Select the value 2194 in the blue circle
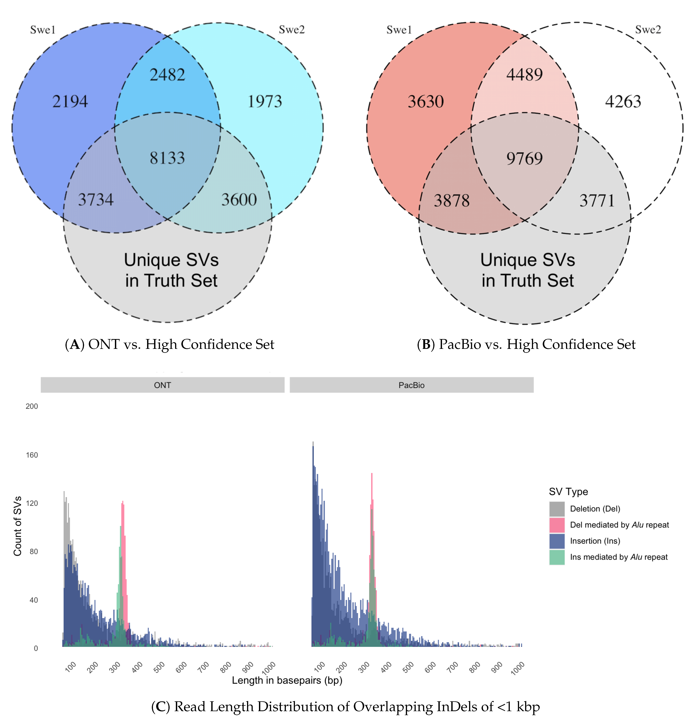point(70,102)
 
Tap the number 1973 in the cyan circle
point(264,102)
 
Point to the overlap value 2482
point(167,75)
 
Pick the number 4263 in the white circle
point(623,102)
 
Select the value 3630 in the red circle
point(426,102)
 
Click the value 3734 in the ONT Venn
point(96,200)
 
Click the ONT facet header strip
point(162,385)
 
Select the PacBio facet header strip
point(411,385)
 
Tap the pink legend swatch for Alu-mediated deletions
point(556,525)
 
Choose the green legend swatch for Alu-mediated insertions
point(556,557)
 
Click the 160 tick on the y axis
point(32,455)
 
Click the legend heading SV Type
point(568,492)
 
